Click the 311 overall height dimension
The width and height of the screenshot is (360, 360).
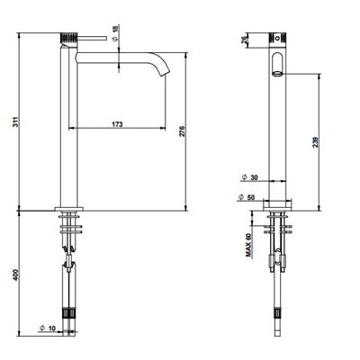click(x=17, y=121)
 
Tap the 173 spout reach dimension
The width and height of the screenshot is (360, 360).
click(x=117, y=124)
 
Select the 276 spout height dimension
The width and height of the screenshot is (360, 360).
click(x=183, y=131)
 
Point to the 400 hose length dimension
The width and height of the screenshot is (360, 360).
click(x=16, y=274)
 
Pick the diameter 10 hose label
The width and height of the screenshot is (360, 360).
click(x=48, y=328)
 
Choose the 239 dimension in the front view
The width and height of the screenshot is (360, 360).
click(x=315, y=142)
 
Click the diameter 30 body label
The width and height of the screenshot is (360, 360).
click(x=249, y=177)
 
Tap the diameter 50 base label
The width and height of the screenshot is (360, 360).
click(x=247, y=197)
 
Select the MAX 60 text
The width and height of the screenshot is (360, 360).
click(x=248, y=245)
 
